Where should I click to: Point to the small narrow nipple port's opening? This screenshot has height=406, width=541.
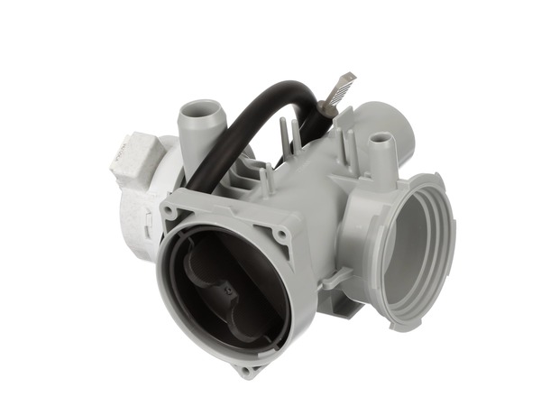(381, 138)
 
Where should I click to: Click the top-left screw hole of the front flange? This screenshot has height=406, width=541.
(170, 212)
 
